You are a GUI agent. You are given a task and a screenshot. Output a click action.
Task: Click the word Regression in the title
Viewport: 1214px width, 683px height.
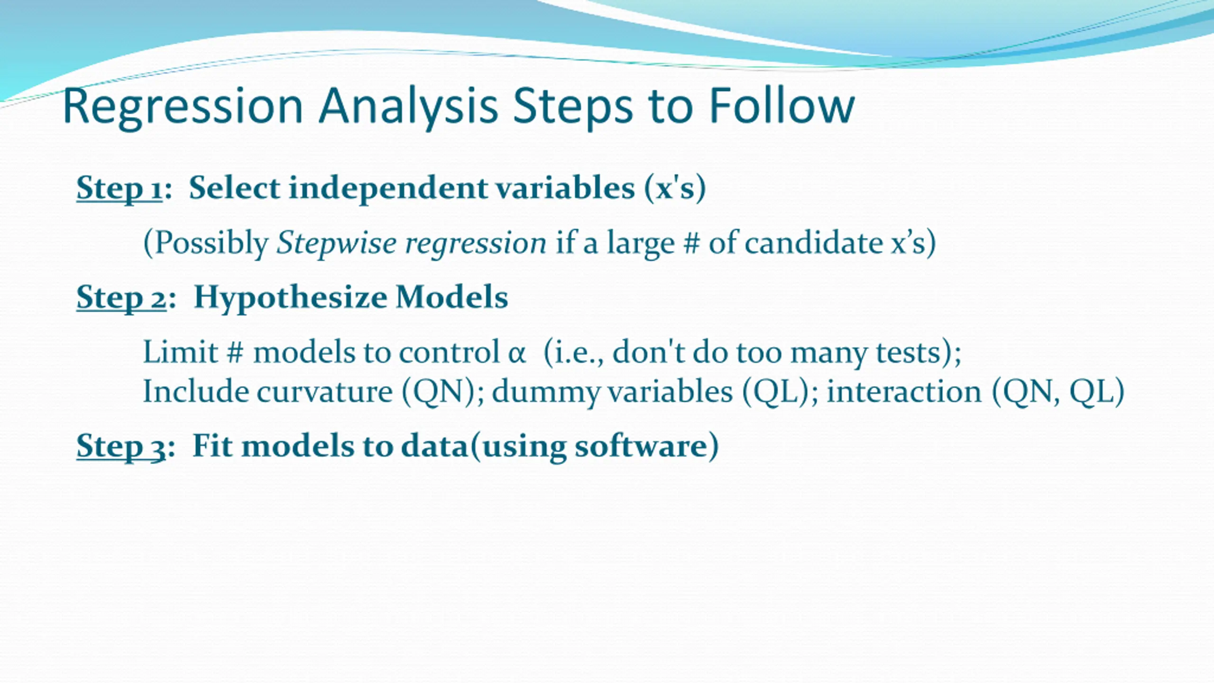pyautogui.click(x=183, y=107)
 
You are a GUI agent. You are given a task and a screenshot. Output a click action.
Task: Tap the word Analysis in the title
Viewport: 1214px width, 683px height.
pyautogui.click(x=408, y=107)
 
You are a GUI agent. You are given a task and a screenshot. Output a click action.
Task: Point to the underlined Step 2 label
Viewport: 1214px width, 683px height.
pyautogui.click(x=121, y=298)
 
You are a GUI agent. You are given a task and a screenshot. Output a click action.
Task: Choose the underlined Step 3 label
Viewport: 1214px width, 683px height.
pyautogui.click(x=121, y=446)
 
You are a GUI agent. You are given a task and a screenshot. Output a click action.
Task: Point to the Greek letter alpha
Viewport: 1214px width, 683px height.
pyautogui.click(x=517, y=354)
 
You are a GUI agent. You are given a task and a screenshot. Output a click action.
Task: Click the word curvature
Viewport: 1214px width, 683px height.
pyautogui.click(x=325, y=392)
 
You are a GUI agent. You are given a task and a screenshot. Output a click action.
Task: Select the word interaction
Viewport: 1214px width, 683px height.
pyautogui.click(x=904, y=392)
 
